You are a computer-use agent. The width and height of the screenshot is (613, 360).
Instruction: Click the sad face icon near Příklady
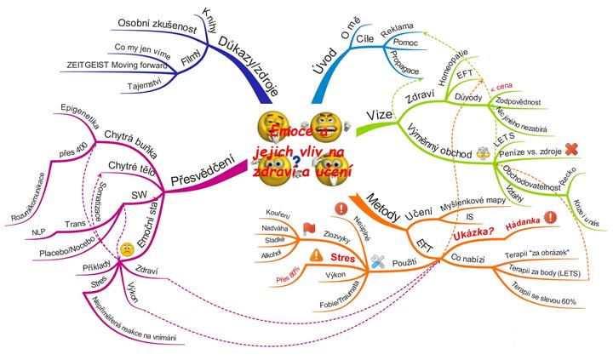coord(125,249)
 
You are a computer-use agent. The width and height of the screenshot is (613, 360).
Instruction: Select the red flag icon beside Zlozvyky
coord(284,228)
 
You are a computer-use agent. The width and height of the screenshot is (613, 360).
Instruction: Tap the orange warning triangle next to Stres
coord(316,254)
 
